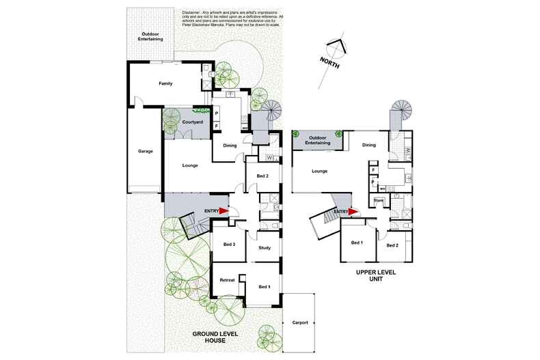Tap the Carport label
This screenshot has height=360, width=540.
point(299,322)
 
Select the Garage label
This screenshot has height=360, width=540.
point(145,151)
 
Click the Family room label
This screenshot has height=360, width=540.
point(165,83)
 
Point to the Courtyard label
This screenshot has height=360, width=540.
point(193,122)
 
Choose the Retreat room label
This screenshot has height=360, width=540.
point(227,281)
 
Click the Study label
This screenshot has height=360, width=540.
point(265,249)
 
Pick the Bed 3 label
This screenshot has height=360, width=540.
point(229,245)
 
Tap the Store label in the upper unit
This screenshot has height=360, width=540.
point(378,200)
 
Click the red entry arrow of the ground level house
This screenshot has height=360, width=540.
point(224,211)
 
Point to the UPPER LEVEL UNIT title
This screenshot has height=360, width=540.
point(375,275)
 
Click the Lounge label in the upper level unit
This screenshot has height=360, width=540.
point(319,171)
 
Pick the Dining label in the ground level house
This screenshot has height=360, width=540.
point(229,145)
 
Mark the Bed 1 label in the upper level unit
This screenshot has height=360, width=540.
point(357,243)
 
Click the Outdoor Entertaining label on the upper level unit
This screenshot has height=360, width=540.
point(319,140)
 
